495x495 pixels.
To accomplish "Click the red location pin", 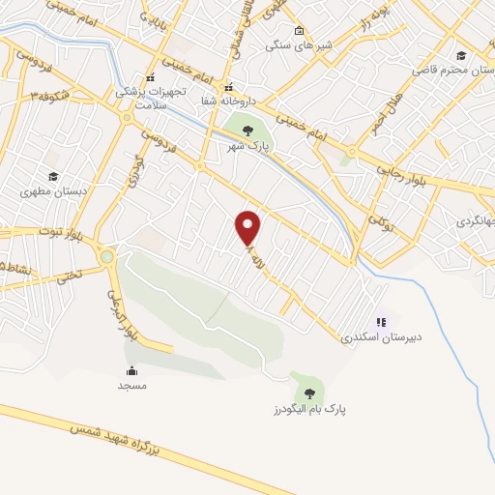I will pyautogui.click(x=249, y=227).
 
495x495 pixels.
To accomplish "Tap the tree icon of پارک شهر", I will pyautogui.click(x=248, y=131).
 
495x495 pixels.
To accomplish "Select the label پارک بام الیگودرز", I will pyautogui.click(x=309, y=410).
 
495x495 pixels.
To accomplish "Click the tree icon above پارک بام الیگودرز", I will pyautogui.click(x=309, y=393).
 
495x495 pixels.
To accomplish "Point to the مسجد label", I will pyautogui.click(x=131, y=386).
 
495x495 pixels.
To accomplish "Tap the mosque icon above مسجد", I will pyautogui.click(x=131, y=370).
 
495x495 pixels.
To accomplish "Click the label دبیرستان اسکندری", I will pyautogui.click(x=382, y=339).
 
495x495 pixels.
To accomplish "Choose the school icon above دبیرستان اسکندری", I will pyautogui.click(x=381, y=322).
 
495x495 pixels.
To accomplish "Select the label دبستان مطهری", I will pyautogui.click(x=54, y=191).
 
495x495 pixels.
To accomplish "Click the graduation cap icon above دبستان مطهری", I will pyautogui.click(x=53, y=176).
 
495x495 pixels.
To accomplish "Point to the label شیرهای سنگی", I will pyautogui.click(x=300, y=45).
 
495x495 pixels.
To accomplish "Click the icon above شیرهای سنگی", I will pyautogui.click(x=299, y=30).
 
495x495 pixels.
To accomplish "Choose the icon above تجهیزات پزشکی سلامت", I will pyautogui.click(x=149, y=78).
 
